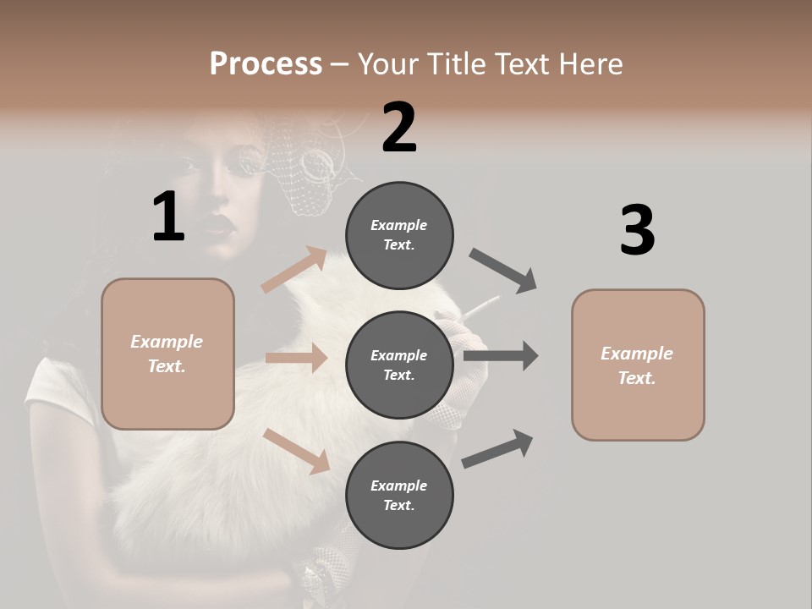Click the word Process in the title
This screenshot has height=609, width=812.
tap(266, 63)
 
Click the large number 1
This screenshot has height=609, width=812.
tap(168, 217)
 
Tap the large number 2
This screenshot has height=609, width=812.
tap(399, 127)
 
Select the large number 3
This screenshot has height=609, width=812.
tap(637, 230)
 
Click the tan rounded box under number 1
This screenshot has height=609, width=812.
tap(167, 354)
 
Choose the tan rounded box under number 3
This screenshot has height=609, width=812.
tap(638, 365)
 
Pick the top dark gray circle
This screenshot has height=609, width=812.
tap(399, 235)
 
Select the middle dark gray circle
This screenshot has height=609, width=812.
tap(399, 365)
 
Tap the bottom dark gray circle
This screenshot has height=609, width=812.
tap(399, 496)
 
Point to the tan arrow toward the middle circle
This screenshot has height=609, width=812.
tap(296, 358)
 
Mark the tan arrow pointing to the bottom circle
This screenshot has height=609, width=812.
tap(296, 450)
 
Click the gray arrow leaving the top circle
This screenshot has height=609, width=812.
tap(503, 270)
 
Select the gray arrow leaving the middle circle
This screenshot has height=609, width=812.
tap(501, 356)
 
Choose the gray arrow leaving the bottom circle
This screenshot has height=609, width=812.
tap(498, 448)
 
